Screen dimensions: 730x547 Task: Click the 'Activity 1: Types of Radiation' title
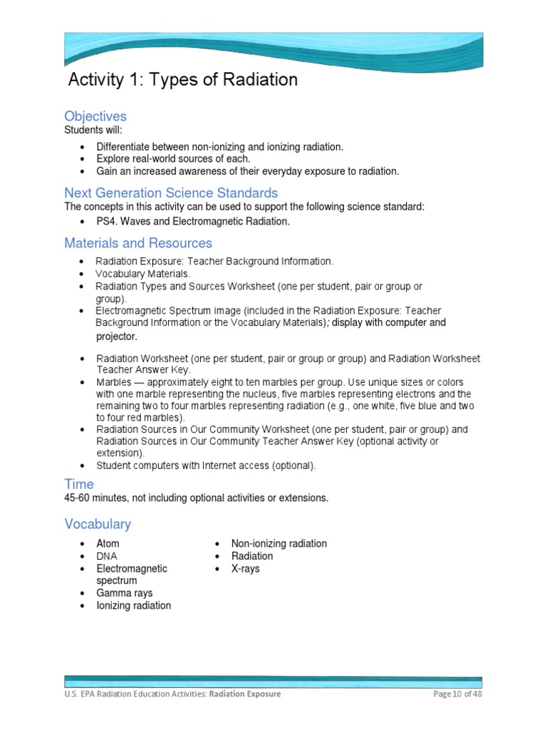point(182,80)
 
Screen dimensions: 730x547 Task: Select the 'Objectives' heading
point(95,116)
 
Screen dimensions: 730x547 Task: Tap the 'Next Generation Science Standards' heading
point(171,193)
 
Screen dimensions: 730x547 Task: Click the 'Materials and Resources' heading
point(138,243)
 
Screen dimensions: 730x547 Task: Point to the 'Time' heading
point(79,484)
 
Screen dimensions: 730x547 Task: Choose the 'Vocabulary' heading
point(98,524)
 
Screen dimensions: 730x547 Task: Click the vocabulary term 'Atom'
point(108,544)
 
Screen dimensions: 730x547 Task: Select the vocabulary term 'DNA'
point(108,556)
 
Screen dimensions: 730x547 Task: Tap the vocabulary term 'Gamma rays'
point(125,593)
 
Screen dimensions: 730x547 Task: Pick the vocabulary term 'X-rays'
point(246,569)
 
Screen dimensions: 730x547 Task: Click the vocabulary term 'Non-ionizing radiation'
point(279,544)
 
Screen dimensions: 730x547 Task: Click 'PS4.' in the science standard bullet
point(108,222)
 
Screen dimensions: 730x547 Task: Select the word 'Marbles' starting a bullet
point(114,382)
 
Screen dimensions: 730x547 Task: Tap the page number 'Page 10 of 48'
point(457,694)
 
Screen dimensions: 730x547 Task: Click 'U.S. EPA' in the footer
point(79,694)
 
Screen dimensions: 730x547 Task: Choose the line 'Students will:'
point(93,130)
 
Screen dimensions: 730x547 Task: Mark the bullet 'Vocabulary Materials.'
point(143,274)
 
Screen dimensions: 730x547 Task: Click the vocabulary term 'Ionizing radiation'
point(134,606)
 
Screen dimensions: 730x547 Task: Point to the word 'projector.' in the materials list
point(116,336)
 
